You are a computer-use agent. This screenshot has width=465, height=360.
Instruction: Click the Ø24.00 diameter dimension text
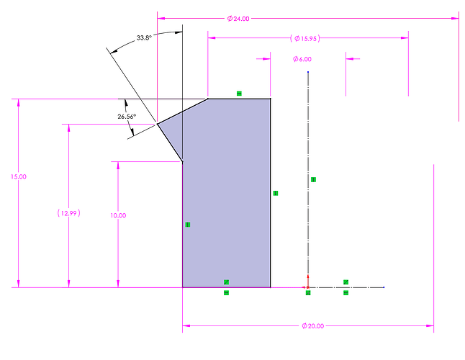click(238, 19)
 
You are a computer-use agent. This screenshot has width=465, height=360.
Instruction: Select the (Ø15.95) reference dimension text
click(305, 38)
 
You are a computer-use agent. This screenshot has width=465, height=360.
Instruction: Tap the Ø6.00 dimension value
click(302, 59)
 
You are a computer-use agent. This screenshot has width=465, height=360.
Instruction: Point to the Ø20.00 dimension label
click(313, 326)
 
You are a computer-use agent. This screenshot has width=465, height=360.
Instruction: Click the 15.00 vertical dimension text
click(19, 176)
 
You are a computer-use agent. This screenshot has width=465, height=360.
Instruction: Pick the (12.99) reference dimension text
click(69, 213)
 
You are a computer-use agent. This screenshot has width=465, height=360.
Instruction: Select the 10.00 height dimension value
click(118, 215)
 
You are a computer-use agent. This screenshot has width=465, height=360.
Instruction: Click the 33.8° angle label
click(144, 37)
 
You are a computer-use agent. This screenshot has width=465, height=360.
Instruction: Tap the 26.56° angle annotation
click(127, 117)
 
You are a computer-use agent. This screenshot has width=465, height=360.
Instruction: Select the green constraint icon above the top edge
click(239, 94)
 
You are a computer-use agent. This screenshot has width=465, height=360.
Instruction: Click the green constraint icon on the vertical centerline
click(313, 179)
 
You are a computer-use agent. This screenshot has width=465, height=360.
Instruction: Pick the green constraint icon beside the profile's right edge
click(276, 193)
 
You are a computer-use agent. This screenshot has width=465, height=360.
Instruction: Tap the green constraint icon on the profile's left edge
click(188, 225)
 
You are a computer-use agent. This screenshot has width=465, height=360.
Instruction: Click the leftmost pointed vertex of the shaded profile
click(157, 124)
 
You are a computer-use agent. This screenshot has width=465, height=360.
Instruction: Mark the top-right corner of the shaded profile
click(270, 99)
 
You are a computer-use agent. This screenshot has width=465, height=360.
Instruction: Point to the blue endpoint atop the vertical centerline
click(308, 72)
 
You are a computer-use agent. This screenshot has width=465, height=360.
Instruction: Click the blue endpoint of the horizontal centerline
click(384, 287)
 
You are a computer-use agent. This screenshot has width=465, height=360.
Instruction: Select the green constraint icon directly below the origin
click(308, 293)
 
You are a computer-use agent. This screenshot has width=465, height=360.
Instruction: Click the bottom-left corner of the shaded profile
click(182, 287)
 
